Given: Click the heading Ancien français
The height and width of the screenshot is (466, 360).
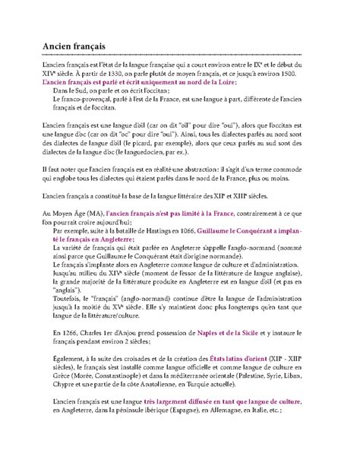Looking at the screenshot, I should tap(74, 47).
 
